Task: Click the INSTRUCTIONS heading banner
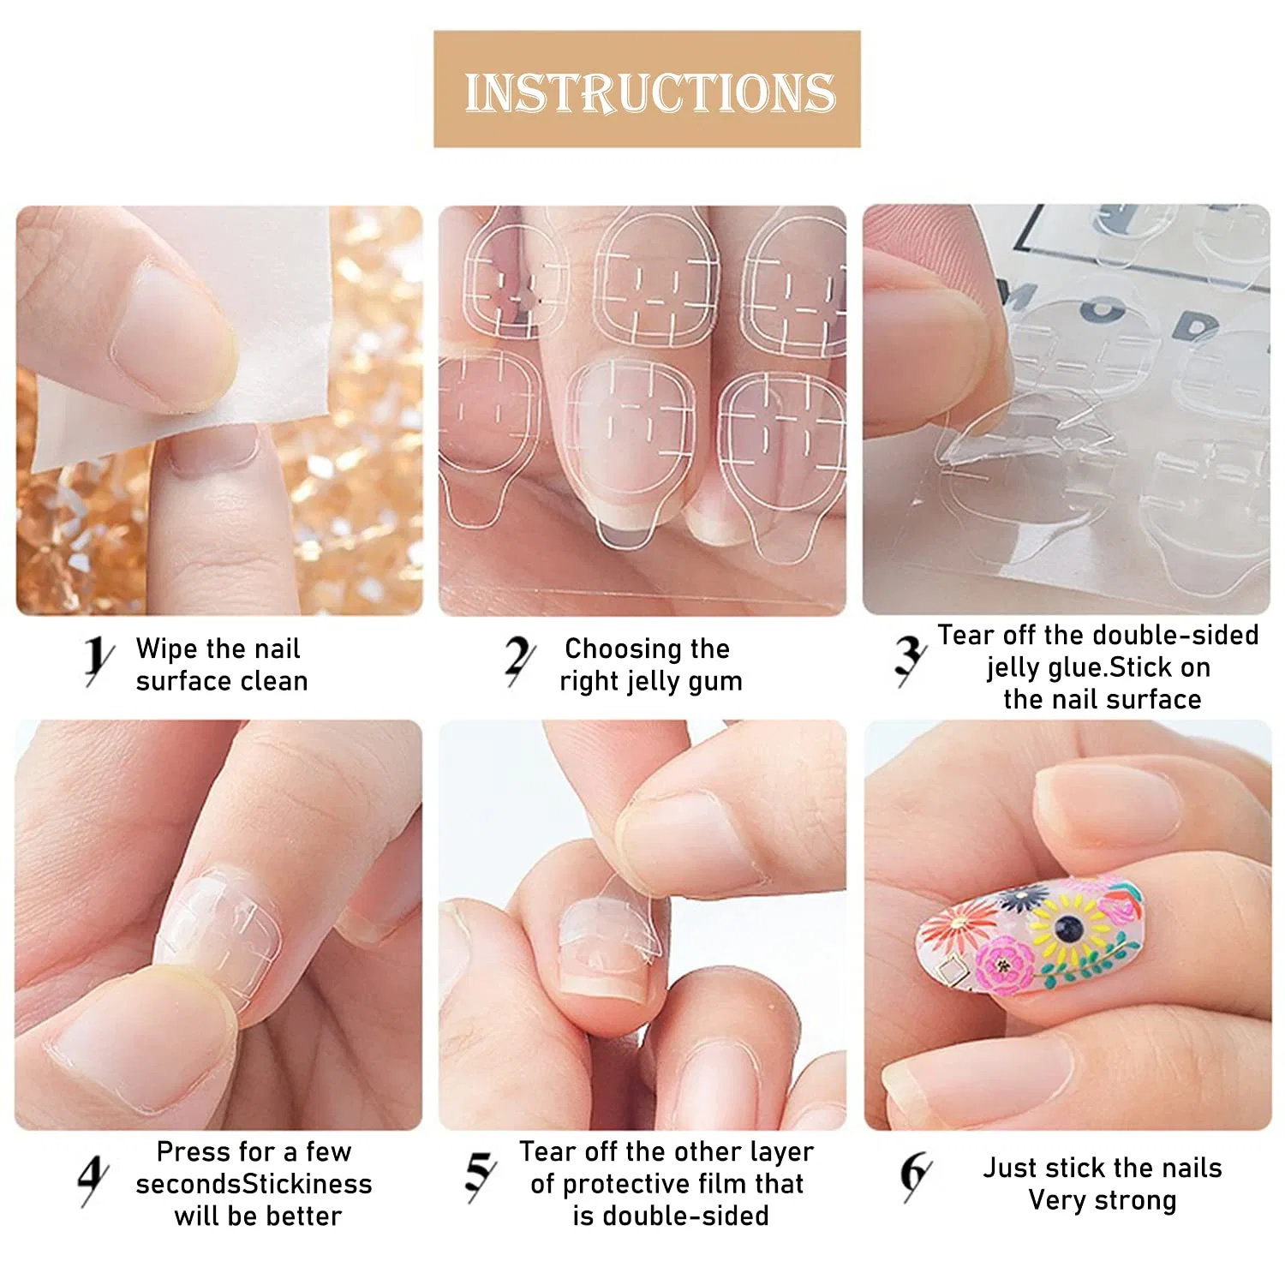647,89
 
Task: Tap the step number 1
99,660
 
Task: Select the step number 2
519,660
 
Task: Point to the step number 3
910,660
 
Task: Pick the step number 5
480,1175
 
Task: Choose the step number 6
916,1175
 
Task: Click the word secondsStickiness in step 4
254,1184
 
